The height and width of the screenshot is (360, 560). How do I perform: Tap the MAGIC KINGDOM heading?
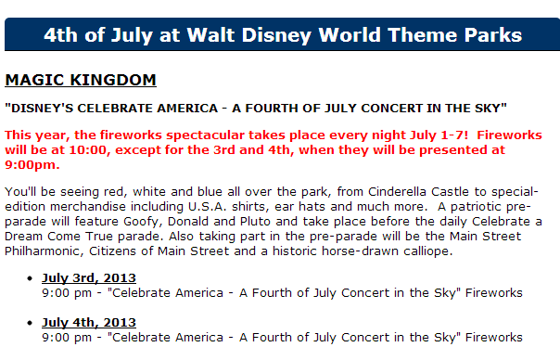tap(81, 80)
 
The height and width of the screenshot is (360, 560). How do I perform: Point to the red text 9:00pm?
tap(32, 165)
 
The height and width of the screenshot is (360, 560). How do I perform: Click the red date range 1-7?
tap(454, 135)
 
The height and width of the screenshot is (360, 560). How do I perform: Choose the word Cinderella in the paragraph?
tap(397, 192)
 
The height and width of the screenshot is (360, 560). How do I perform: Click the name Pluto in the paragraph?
tap(255, 222)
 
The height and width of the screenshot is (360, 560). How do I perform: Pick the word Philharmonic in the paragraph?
tap(44, 251)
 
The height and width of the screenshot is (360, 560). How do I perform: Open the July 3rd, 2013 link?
tap(89, 278)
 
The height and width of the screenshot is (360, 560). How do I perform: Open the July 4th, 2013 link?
tap(89, 323)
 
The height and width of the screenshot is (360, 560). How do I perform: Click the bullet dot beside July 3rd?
tap(30, 278)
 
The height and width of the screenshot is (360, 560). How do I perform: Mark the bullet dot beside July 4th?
tap(30, 323)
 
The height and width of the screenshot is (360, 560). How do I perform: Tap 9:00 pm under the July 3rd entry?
tap(67, 293)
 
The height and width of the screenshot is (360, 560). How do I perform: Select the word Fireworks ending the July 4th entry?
tap(494, 338)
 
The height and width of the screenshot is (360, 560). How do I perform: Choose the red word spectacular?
tap(205, 135)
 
